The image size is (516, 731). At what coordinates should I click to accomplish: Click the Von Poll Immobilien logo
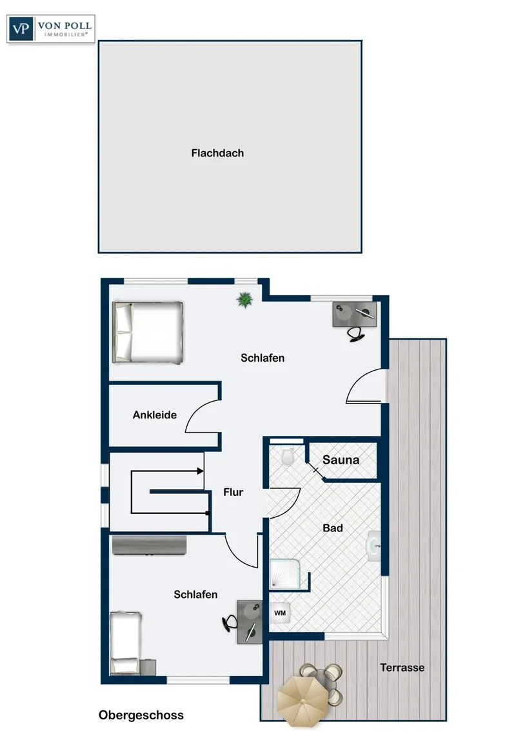[51, 29]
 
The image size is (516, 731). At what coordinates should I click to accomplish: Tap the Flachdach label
[217, 153]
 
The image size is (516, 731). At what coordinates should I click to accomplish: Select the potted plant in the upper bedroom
[244, 300]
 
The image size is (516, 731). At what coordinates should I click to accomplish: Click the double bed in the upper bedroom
[148, 333]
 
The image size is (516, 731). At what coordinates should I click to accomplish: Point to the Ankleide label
[155, 415]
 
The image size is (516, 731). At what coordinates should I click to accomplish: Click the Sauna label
[341, 460]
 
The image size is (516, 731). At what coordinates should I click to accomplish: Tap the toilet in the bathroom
[287, 457]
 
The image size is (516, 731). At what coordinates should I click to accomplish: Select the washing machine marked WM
[280, 613]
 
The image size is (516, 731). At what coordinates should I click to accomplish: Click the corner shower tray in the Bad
[285, 573]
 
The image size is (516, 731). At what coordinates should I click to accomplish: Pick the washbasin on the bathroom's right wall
[373, 546]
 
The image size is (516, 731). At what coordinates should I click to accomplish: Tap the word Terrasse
[402, 668]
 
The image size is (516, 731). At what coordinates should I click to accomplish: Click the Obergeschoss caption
[141, 715]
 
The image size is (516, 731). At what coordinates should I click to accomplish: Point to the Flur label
[233, 492]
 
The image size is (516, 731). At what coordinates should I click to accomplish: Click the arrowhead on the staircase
[201, 471]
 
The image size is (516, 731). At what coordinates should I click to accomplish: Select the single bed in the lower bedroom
[126, 643]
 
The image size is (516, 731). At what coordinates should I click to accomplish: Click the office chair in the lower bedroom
[229, 623]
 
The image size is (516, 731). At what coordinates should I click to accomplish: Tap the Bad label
[333, 528]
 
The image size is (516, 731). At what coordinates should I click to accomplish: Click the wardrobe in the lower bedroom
[150, 545]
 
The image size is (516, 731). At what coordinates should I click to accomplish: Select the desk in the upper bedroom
[355, 314]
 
